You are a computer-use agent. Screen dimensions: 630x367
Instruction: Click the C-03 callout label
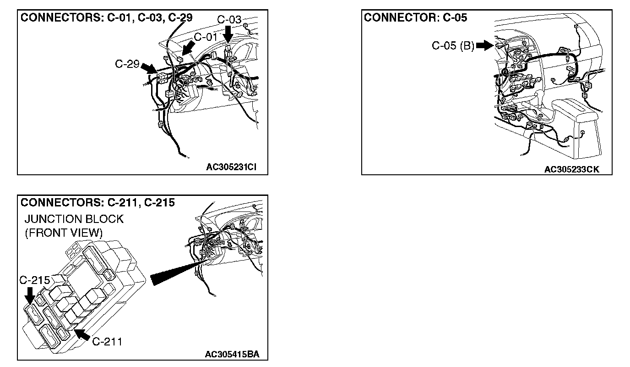(x=229, y=19)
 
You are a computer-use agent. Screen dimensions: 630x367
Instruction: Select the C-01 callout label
(x=206, y=37)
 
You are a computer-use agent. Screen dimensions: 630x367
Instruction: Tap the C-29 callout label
(x=127, y=64)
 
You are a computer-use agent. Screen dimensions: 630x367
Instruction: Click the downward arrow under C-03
(x=228, y=33)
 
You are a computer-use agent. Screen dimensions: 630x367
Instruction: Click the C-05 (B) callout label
(x=453, y=45)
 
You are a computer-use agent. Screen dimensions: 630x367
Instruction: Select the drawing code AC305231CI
(x=230, y=167)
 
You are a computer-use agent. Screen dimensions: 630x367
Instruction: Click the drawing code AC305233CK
(x=571, y=169)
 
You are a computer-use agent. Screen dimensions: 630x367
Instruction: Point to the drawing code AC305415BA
(x=232, y=354)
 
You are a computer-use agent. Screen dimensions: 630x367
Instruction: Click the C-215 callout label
(x=35, y=280)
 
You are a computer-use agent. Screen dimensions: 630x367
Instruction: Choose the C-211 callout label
(x=107, y=341)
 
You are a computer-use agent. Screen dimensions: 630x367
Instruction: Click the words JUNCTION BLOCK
(x=74, y=219)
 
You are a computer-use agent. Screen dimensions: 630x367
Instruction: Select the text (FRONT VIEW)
(x=64, y=233)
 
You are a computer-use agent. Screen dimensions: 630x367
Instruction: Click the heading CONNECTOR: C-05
(x=415, y=18)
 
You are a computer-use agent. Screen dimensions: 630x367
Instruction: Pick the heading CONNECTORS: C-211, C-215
(x=98, y=202)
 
